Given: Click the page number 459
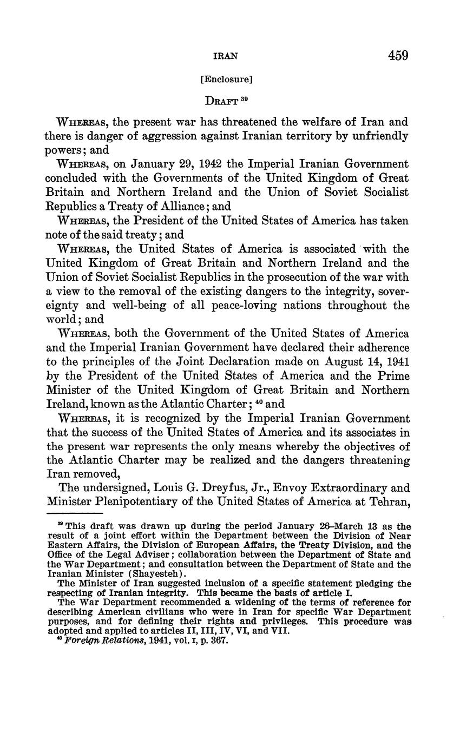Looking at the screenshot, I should (398, 55).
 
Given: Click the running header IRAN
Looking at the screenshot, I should (226, 56).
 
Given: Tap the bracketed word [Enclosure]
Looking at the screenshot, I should (226, 80).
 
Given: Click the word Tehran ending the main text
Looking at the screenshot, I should (389, 503).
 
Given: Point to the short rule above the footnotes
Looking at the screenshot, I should (74, 513).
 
